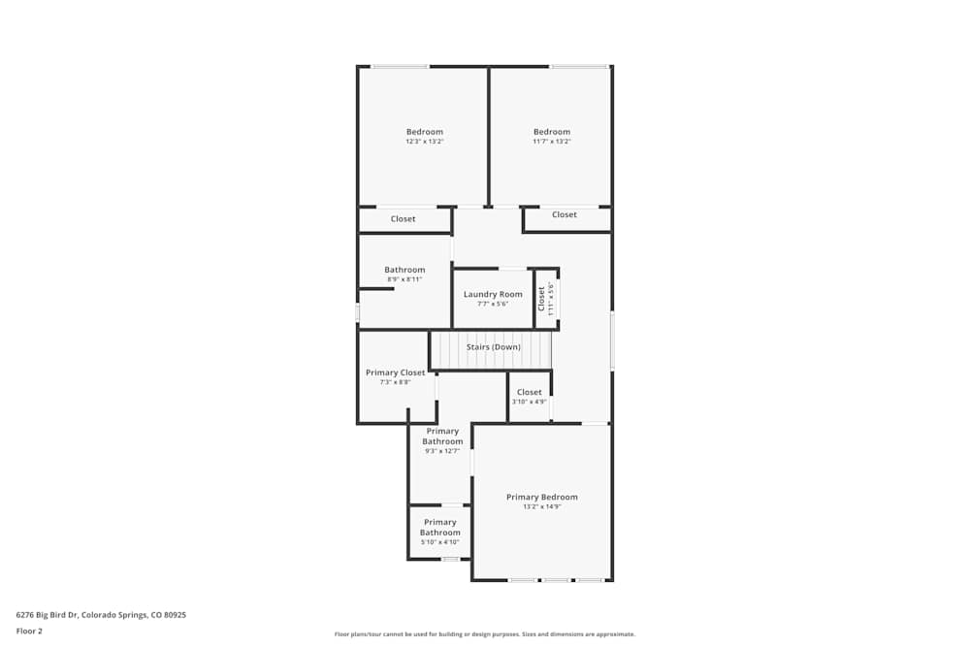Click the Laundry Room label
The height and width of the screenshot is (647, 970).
[493, 294]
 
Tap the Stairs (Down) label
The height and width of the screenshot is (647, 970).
[493, 346]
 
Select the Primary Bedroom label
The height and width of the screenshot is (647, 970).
[541, 497]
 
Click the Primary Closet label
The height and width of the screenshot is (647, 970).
[395, 372]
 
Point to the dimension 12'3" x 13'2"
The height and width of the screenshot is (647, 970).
[424, 142]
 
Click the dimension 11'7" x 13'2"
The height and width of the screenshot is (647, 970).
[551, 142]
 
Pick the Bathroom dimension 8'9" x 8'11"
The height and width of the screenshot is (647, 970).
[404, 279]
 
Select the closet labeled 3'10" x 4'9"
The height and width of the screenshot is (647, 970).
[530, 402]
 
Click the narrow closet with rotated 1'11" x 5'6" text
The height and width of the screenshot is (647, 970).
[546, 299]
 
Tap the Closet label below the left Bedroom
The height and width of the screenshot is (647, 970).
[403, 219]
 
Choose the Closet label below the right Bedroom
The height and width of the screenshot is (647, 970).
[564, 214]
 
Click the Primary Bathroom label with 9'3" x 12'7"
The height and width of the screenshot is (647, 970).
[442, 437]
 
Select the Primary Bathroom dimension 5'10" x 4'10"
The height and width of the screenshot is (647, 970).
[439, 542]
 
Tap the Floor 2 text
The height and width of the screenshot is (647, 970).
[29, 631]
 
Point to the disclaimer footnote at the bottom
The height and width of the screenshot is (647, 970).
[484, 634]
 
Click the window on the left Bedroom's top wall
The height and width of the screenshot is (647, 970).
[400, 66]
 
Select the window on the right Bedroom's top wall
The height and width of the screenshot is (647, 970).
[579, 66]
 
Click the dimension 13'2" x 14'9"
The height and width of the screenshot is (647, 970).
[541, 506]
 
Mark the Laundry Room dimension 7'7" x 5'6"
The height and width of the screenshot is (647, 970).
[493, 304]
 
